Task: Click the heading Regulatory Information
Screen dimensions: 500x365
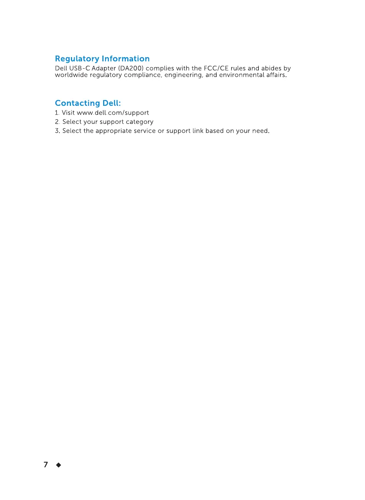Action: tap(102, 59)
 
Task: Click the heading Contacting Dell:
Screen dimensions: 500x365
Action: tap(88, 103)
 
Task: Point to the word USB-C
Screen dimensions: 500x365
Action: tap(79, 69)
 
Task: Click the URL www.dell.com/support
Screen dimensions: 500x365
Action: tap(113, 113)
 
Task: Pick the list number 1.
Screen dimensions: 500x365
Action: tap(57, 113)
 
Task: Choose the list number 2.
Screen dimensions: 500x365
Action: tap(57, 122)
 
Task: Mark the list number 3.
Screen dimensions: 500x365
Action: tap(57, 131)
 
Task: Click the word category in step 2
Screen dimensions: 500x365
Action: tap(140, 122)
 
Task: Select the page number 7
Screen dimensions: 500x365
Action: tap(46, 465)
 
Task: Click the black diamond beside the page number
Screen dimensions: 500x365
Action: tap(59, 465)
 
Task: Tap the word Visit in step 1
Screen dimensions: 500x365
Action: tap(68, 113)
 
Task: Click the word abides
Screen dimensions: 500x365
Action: tap(271, 69)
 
